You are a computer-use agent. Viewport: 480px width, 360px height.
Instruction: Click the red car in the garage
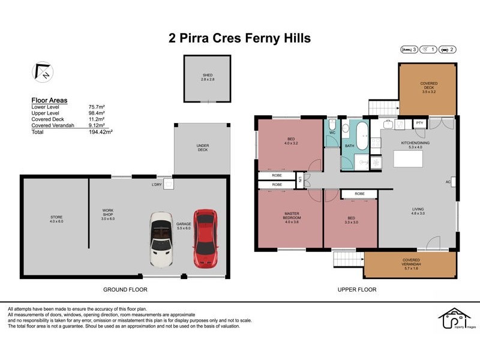205,238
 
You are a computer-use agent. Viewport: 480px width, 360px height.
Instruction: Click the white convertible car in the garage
161,238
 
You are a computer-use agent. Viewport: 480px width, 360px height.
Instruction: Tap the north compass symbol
42,72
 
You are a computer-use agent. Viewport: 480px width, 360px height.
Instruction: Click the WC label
332,133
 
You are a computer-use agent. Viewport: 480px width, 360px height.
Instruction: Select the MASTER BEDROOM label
292,215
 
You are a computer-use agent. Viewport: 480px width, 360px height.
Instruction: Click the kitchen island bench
408,159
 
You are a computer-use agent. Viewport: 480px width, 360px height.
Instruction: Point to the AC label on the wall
448,181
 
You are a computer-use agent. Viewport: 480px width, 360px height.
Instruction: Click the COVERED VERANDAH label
411,262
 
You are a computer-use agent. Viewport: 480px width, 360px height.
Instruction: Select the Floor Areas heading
49,100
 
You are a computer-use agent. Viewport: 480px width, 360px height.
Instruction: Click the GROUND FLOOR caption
126,289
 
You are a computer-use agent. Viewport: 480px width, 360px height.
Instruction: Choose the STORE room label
56,218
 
